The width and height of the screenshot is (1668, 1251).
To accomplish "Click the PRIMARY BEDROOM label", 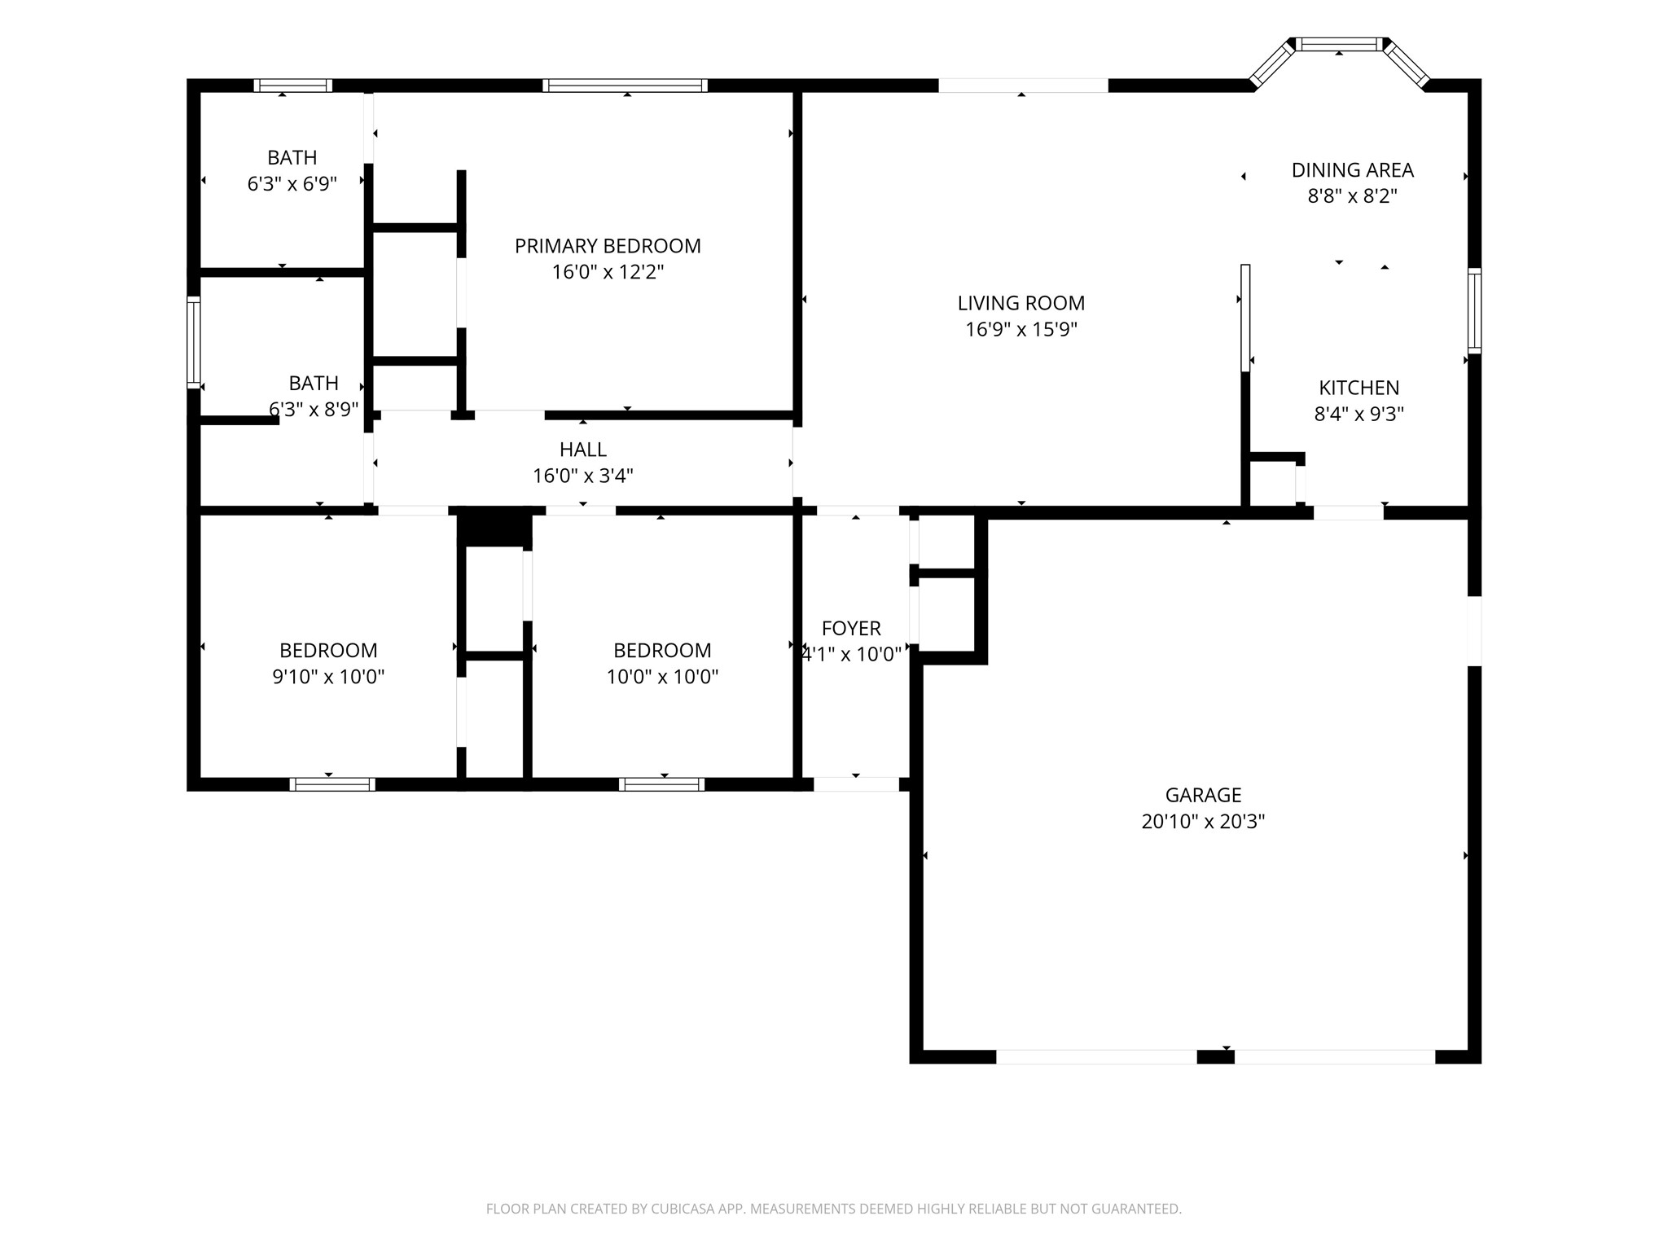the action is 608,246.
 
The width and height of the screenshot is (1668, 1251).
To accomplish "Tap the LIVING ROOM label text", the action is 1021,303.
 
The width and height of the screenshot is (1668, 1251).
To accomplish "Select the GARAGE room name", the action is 1203,795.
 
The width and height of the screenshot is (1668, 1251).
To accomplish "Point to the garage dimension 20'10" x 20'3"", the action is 1203,821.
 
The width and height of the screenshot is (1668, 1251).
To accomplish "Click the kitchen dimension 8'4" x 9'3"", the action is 1359,414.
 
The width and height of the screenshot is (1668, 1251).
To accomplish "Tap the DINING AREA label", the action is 1353,170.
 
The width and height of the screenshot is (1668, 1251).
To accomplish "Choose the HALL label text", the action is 583,450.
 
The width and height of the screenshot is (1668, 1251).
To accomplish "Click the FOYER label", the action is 851,629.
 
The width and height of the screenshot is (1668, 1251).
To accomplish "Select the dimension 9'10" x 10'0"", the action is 328,677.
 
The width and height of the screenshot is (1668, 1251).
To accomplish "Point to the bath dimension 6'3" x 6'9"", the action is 292,184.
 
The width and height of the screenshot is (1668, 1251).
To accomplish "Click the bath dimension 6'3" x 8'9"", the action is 314,409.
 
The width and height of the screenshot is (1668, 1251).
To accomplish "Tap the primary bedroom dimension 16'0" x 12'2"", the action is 608,272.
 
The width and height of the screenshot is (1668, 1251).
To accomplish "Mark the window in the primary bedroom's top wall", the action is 625,86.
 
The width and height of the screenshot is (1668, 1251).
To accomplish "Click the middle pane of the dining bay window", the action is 1340,44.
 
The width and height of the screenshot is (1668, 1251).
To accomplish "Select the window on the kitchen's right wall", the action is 1474,310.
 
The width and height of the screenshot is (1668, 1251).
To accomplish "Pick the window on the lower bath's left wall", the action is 194,342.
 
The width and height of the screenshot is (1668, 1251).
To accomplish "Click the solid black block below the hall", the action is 494,526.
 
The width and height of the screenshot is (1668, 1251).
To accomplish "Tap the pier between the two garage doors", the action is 1215,1057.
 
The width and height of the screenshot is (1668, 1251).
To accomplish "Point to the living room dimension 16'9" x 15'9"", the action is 1021,329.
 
